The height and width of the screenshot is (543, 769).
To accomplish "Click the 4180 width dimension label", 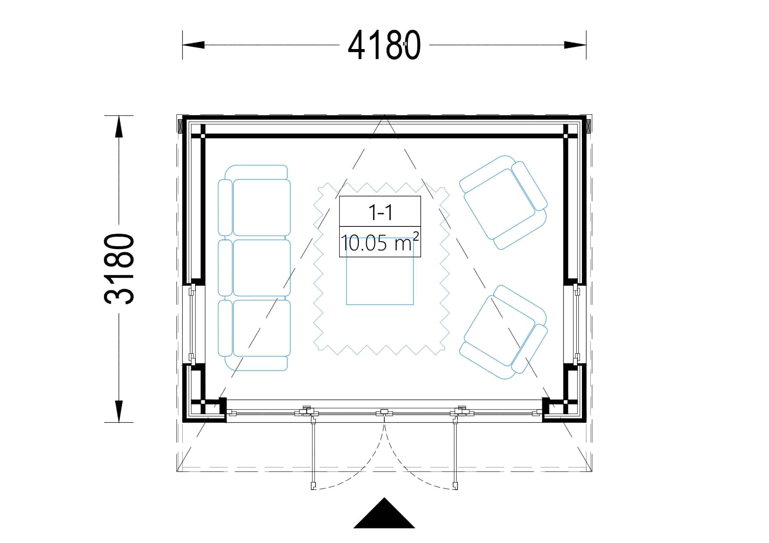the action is [x=384, y=45].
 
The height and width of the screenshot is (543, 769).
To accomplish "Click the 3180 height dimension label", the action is [x=119, y=269].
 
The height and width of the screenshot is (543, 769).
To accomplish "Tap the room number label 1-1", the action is [x=380, y=212].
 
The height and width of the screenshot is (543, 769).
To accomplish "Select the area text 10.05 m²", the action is [x=380, y=242].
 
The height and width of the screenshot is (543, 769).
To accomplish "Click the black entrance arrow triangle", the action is [x=384, y=513].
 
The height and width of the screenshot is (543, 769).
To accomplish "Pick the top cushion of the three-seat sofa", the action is [x=262, y=208].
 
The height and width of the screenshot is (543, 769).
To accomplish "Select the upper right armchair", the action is [x=503, y=202].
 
